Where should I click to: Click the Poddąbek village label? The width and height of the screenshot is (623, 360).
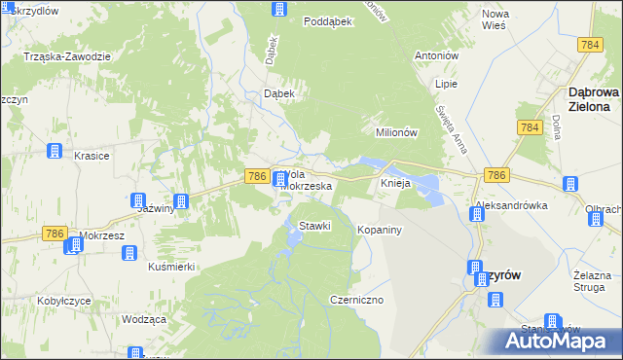coord(327,20)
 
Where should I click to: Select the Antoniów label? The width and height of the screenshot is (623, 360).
coord(436,54)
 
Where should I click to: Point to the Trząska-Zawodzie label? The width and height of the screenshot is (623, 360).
coord(67,56)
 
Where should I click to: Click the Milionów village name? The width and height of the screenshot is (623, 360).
coord(396,132)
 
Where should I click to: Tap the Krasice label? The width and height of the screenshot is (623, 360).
coord(92,156)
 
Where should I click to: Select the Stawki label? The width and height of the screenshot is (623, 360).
coord(315,226)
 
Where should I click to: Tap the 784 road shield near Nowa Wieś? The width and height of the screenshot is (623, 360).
coord(588,46)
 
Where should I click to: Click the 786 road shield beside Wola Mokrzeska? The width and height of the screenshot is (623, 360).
coord(256,175)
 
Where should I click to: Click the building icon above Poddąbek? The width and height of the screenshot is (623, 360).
coord(279,10)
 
